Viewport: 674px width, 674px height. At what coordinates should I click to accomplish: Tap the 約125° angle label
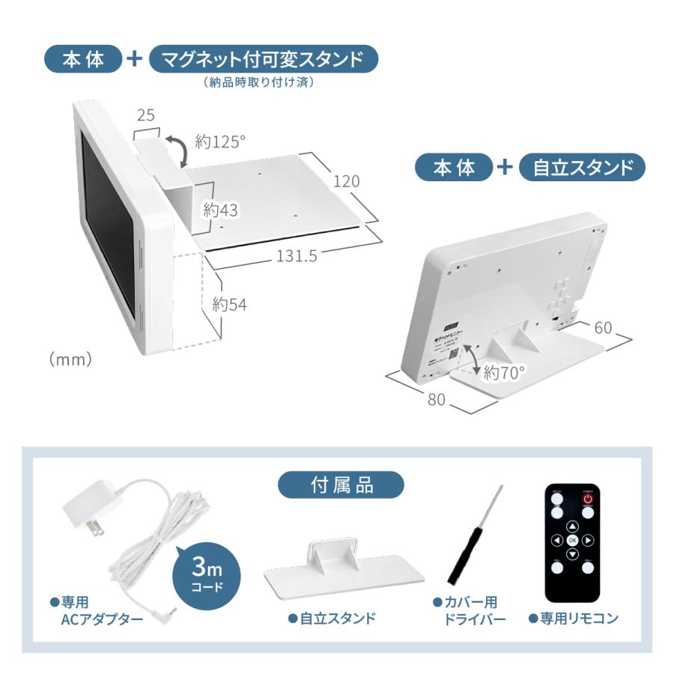(x=221, y=142)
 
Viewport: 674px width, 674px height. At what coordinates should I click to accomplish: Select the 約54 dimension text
(x=229, y=305)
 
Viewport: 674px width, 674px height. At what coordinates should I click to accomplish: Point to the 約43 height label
(x=221, y=210)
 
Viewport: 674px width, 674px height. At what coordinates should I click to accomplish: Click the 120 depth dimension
(x=346, y=181)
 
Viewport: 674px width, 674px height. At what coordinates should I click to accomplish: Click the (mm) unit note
(x=70, y=359)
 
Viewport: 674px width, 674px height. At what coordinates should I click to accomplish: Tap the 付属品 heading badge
(x=341, y=485)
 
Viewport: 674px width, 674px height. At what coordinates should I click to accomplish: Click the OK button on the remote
(x=572, y=539)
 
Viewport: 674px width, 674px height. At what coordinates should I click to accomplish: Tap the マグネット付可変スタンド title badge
(x=263, y=59)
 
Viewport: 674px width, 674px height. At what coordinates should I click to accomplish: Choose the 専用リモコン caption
(x=573, y=619)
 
